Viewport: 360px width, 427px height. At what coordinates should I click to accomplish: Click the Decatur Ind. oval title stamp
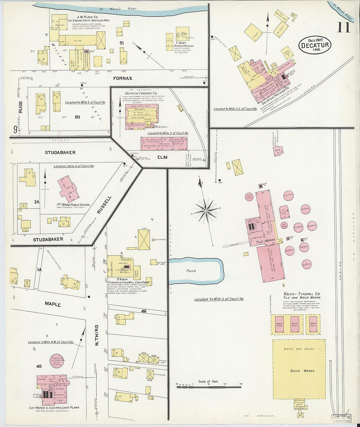click(315, 45)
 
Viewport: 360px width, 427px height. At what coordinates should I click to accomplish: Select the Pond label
click(191, 271)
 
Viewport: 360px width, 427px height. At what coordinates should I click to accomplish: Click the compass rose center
click(206, 211)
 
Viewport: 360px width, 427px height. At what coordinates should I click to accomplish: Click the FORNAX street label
click(123, 79)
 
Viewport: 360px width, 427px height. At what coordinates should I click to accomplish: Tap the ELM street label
click(162, 157)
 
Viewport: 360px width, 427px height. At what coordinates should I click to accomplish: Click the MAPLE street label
click(53, 304)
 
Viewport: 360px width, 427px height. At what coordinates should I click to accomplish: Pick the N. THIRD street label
click(97, 335)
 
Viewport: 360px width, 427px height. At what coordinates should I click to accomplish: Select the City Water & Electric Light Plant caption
click(54, 408)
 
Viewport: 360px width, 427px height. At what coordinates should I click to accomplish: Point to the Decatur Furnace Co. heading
click(141, 93)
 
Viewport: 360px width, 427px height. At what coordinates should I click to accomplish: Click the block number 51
click(122, 43)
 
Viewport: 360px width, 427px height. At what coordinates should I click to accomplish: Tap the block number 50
click(77, 117)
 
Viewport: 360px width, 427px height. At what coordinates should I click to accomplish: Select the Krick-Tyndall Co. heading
click(302, 294)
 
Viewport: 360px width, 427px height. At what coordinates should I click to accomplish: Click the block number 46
click(144, 311)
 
